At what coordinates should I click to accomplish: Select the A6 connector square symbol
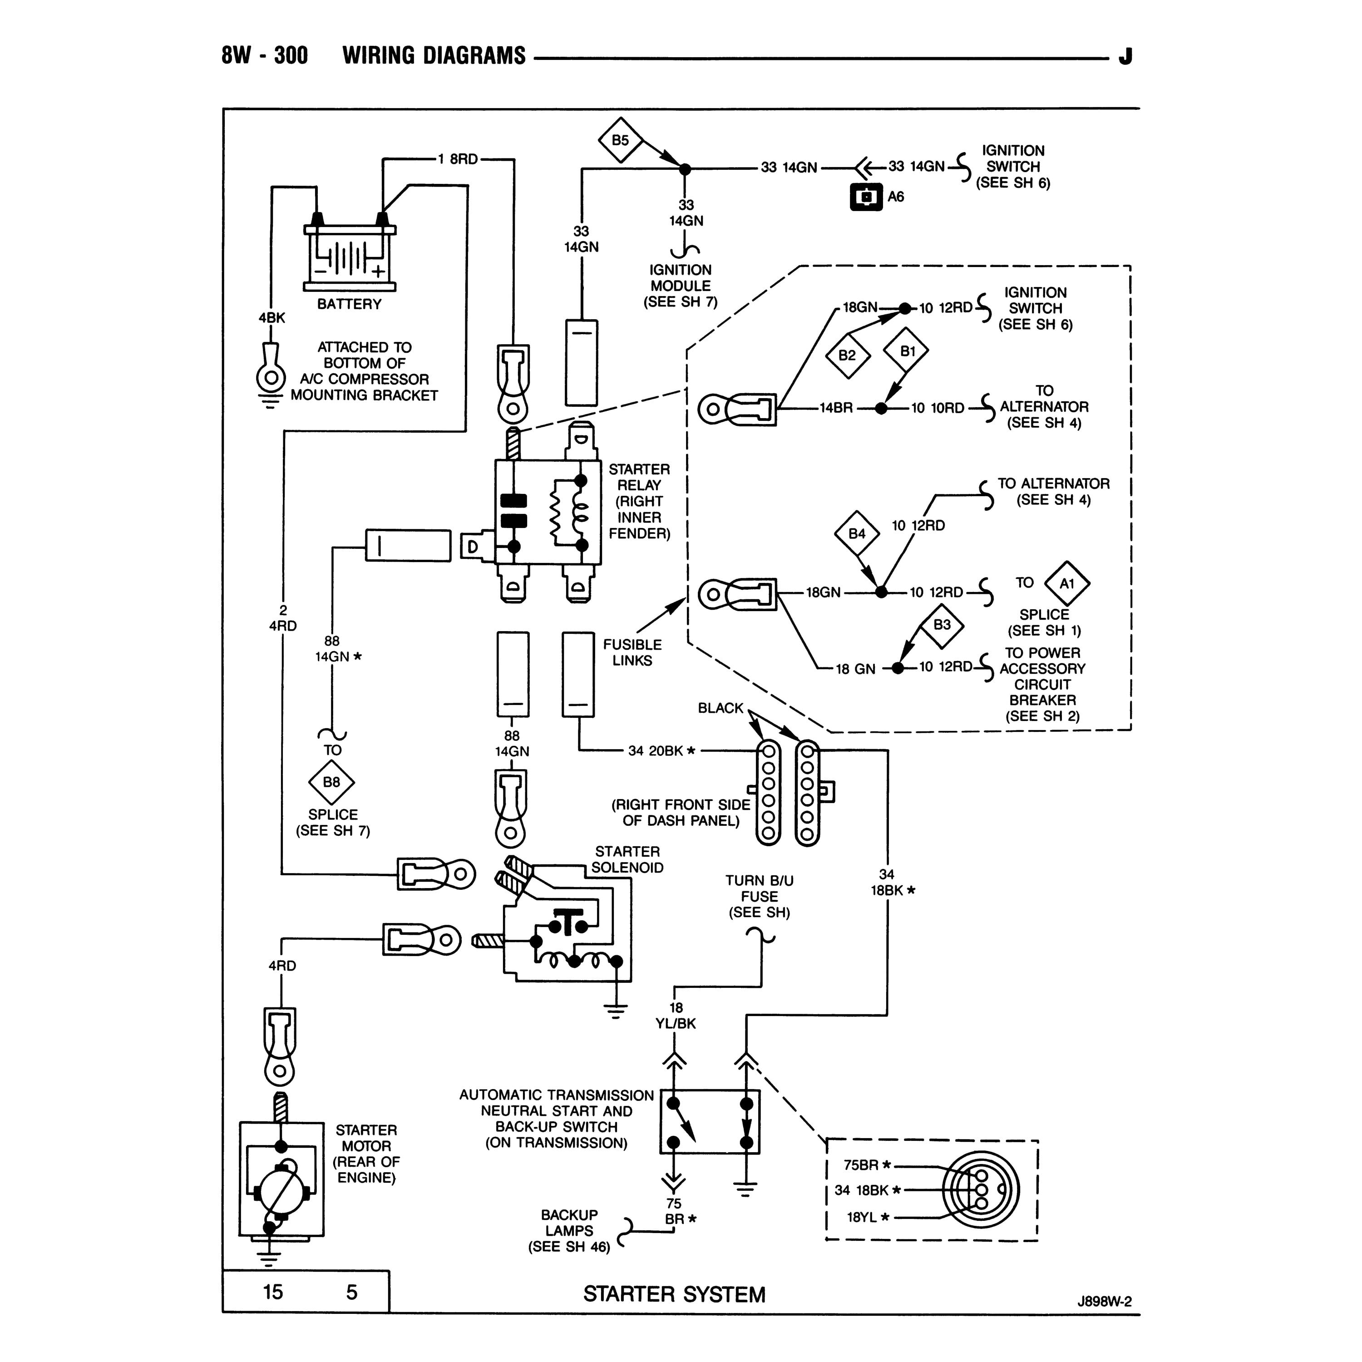click(866, 197)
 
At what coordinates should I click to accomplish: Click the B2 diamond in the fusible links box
click(847, 355)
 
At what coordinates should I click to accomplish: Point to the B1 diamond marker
click(907, 350)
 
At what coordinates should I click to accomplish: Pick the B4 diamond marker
click(857, 533)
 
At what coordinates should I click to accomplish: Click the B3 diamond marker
click(942, 625)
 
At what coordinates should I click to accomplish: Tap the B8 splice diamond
click(331, 782)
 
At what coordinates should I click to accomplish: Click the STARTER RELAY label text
click(639, 501)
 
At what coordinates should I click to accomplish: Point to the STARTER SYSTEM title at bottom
click(674, 1294)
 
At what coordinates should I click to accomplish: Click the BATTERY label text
click(349, 304)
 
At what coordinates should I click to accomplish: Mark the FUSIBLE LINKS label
click(632, 652)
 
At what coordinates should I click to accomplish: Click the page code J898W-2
click(1104, 1301)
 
